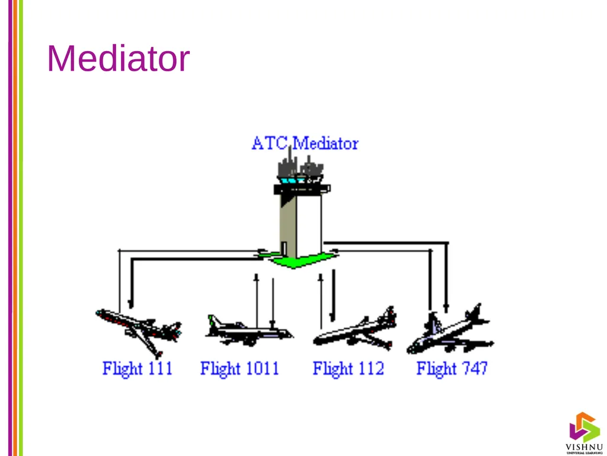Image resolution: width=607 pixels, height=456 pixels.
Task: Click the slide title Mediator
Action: [x=118, y=58]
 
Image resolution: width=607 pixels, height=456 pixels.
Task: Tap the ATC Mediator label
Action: [x=305, y=144]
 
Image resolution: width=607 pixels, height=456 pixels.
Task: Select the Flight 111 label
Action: [x=138, y=368]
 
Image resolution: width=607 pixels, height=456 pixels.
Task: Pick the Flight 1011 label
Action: [x=239, y=368]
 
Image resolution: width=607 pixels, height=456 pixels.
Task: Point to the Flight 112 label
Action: [x=349, y=368]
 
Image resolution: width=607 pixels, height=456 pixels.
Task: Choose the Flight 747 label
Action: [x=452, y=368]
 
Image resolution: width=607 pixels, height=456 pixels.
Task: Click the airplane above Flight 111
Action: [x=139, y=331]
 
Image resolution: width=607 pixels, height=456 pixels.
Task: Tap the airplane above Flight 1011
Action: [x=248, y=330]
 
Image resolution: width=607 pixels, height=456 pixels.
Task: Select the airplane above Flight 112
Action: [x=355, y=330]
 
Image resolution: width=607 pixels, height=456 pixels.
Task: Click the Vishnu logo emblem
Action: [x=584, y=427]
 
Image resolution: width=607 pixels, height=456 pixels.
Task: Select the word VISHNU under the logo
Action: [x=584, y=447]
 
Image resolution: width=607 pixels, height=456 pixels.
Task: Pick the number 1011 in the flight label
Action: [x=263, y=368]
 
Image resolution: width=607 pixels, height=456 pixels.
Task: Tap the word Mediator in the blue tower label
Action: [x=325, y=144]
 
